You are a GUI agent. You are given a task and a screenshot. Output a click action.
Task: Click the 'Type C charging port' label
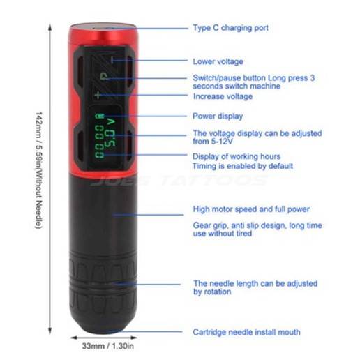(230, 28)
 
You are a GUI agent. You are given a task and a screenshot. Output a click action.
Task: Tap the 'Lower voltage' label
(218, 61)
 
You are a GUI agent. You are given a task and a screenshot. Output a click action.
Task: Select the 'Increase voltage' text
(223, 96)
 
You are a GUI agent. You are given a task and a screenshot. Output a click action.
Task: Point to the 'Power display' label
(218, 116)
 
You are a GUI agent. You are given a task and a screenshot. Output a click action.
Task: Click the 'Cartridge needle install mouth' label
(246, 332)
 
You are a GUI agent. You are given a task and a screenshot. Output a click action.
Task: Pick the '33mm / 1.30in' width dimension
(108, 346)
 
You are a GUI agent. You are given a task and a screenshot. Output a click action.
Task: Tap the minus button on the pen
(112, 61)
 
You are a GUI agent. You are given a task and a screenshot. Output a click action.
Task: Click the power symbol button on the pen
(103, 77)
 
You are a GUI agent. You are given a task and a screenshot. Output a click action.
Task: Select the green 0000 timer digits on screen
(99, 142)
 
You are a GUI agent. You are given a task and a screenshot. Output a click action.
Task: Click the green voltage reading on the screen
(110, 133)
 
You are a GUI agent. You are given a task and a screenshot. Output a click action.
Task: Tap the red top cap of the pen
(103, 33)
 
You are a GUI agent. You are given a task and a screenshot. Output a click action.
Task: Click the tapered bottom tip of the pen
(103, 326)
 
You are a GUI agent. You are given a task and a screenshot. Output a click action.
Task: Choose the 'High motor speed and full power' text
(251, 209)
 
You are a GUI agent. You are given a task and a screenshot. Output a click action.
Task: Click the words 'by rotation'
(212, 292)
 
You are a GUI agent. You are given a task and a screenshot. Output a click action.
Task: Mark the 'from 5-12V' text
(213, 142)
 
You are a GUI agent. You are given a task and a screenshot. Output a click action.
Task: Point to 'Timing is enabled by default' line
(243, 166)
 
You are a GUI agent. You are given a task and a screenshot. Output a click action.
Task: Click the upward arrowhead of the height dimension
(50, 27)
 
